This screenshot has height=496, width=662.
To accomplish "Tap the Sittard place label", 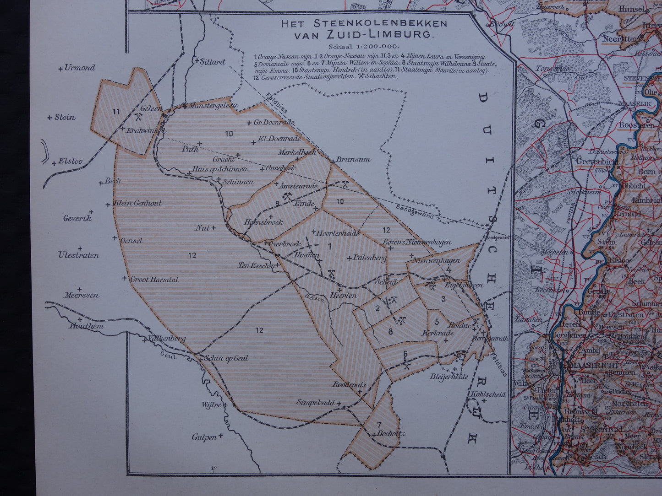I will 213,62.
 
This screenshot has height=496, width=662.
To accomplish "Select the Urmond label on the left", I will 80,68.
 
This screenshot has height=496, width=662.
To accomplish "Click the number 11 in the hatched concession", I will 115,111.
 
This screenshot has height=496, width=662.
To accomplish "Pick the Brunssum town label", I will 353,160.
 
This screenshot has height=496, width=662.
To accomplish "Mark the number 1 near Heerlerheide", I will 329,246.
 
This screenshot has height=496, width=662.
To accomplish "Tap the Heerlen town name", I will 343,296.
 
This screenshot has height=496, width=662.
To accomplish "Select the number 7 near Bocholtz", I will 379,424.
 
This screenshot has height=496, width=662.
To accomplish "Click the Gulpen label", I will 204,437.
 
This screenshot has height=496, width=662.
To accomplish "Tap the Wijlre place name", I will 211,405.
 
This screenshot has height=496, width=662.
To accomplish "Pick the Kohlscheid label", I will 487,394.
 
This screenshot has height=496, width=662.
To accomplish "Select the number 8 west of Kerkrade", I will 390,331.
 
